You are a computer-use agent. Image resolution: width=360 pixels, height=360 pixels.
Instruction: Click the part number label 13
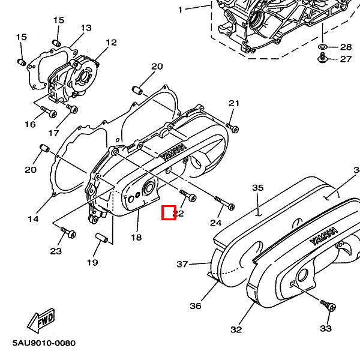click(x=86, y=28)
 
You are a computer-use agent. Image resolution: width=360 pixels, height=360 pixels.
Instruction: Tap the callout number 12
click(x=111, y=42)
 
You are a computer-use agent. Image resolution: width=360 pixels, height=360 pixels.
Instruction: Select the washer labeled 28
click(x=323, y=46)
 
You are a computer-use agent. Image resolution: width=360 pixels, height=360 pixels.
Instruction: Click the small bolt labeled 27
click(x=323, y=58)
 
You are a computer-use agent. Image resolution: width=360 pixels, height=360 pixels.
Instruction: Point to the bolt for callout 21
click(x=232, y=127)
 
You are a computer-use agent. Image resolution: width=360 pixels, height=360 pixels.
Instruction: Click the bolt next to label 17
click(x=73, y=109)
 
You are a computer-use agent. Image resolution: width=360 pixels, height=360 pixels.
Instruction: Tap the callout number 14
click(x=33, y=219)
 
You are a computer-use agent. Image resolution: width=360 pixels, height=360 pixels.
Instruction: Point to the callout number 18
click(x=136, y=238)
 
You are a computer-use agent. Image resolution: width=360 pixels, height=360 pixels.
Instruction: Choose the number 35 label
click(x=258, y=188)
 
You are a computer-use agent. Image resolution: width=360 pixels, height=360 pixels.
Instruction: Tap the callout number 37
click(x=182, y=264)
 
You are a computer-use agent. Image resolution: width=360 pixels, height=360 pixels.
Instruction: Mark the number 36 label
click(x=196, y=306)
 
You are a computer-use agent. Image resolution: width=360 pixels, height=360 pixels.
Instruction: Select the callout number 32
click(x=236, y=329)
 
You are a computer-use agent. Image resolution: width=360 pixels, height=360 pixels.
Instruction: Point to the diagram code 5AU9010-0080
click(x=44, y=344)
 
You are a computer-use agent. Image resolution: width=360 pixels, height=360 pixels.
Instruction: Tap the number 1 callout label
click(x=180, y=10)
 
